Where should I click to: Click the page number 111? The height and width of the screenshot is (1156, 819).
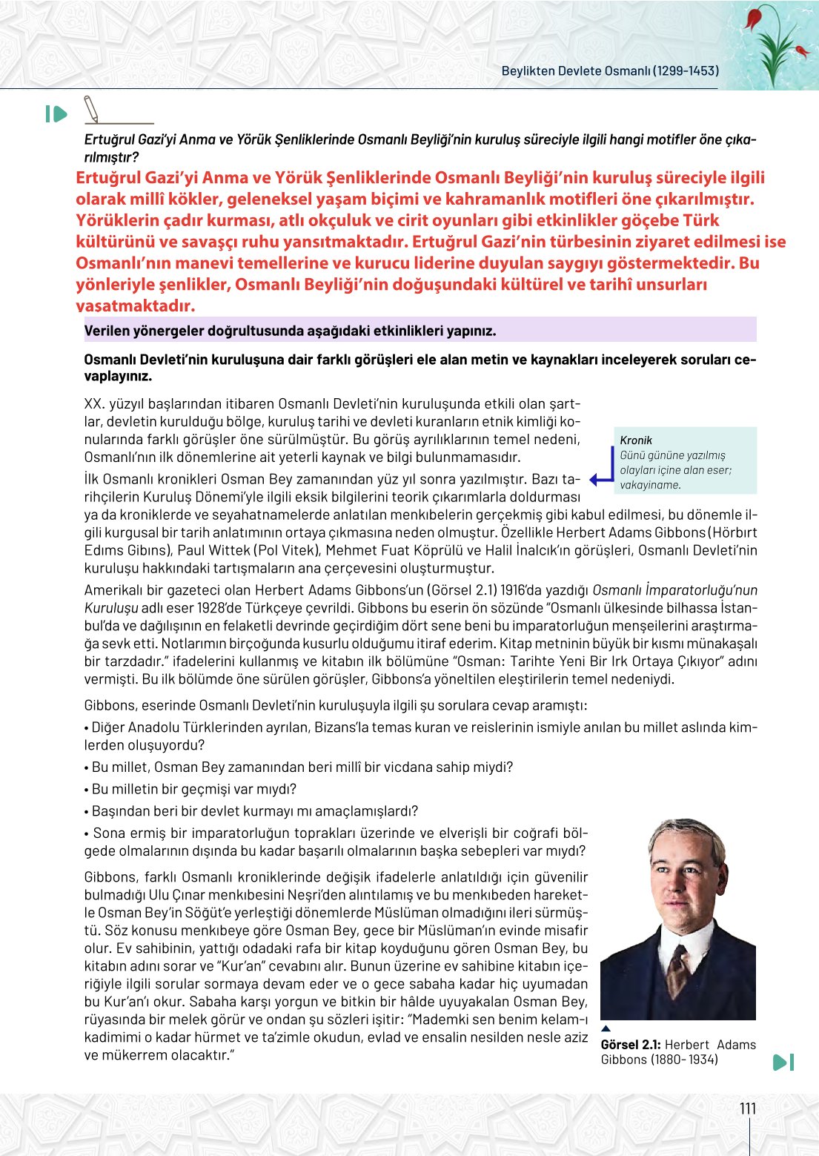click(748, 1109)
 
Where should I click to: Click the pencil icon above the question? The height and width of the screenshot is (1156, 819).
click(91, 109)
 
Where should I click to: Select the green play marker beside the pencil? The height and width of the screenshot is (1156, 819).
click(56, 114)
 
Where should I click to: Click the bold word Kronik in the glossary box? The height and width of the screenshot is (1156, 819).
click(636, 440)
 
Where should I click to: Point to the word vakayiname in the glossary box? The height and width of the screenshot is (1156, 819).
click(650, 485)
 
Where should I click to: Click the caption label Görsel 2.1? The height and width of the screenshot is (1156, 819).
click(630, 1045)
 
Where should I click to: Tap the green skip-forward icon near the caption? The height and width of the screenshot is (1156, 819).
click(783, 1062)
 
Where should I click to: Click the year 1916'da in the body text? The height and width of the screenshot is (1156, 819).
click(544, 590)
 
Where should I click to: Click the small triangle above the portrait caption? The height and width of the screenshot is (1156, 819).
click(606, 1028)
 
